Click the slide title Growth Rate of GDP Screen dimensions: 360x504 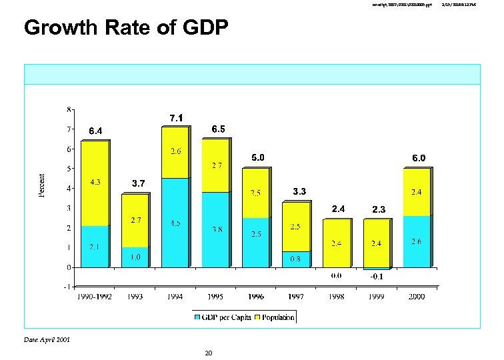[126, 28]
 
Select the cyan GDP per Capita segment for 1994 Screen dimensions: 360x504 [174, 223]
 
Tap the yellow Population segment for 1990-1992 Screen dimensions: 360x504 [95, 183]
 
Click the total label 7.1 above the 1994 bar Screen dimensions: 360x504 [176, 118]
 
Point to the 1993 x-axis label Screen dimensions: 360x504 [136, 296]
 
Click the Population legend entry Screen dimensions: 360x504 [274, 317]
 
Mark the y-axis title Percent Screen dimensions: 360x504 [41, 185]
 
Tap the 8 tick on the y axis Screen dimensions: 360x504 [70, 109]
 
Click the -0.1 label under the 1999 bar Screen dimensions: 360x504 [377, 276]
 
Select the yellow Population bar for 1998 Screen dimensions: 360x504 [337, 243]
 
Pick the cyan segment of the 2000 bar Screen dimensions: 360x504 [416, 241]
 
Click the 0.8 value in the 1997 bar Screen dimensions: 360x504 [296, 259]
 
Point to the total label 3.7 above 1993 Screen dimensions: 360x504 [138, 183]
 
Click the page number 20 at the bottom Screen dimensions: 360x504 [208, 353]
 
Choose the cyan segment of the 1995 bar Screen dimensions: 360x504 [215, 229]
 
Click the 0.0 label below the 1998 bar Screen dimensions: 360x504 [337, 275]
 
